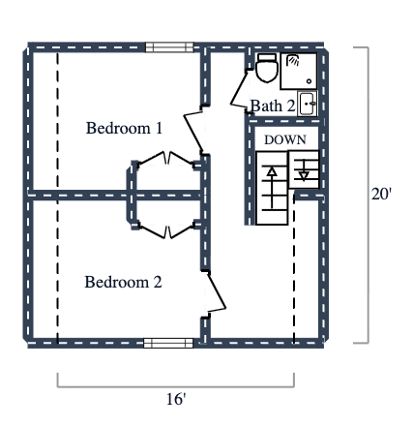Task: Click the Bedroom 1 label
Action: (124, 128)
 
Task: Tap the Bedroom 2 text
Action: (123, 283)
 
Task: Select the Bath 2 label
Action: (272, 105)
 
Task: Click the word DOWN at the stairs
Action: (285, 140)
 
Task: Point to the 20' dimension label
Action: (381, 194)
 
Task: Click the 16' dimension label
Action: (175, 398)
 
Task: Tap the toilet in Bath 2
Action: (266, 68)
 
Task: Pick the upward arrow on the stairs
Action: (273, 173)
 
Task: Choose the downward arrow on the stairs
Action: (305, 173)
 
